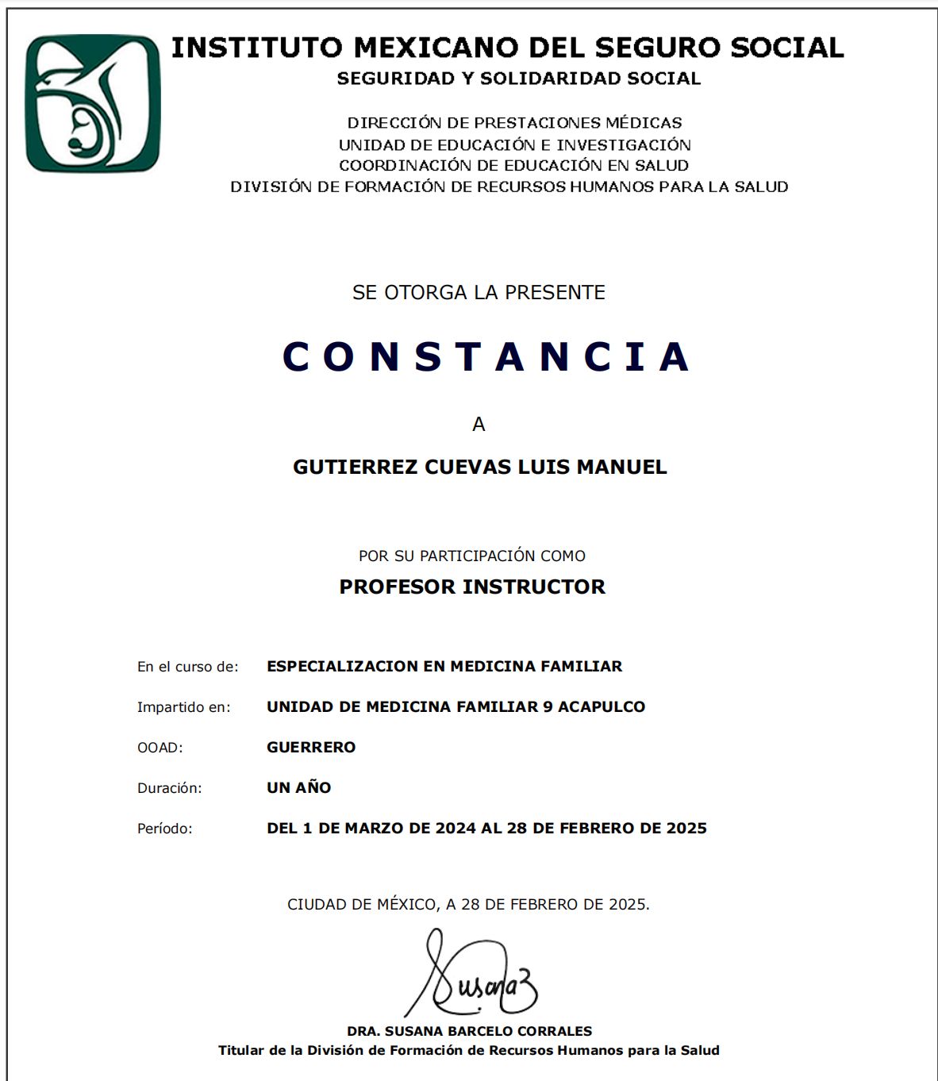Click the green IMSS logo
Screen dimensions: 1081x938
93,103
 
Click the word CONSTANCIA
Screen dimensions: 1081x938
486,356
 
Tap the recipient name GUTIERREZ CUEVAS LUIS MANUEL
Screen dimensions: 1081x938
479,467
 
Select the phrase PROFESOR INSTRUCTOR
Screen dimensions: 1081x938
472,587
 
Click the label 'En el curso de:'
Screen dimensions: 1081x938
187,667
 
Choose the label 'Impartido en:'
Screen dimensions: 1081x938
183,707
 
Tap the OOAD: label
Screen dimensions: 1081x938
160,748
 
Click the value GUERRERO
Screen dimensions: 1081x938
311,747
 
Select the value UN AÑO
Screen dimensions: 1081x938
298,787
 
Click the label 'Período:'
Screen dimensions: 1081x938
164,829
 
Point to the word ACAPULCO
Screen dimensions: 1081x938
602,706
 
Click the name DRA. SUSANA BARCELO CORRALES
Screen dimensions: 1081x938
469,1031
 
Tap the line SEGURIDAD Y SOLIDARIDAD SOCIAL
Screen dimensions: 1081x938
518,79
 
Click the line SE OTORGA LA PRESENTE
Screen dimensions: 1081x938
479,292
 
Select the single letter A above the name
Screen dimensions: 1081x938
479,425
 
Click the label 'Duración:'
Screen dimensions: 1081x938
169,788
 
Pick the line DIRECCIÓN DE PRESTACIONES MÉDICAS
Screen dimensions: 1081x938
514,123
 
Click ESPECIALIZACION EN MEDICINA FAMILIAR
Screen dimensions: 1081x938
444,666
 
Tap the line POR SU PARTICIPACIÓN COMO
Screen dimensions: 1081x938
472,556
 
